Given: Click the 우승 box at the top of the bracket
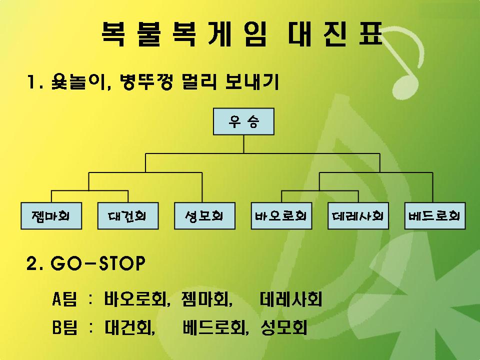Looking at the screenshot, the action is (x=243, y=121).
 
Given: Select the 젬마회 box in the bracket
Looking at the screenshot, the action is (x=51, y=216).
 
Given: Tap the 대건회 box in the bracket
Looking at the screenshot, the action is (x=128, y=216).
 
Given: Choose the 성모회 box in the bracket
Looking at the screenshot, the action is (x=205, y=216).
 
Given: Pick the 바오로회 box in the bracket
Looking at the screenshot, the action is (x=281, y=216).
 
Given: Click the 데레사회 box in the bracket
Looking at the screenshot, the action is (x=358, y=216).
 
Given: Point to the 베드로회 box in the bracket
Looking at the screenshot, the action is (x=435, y=216).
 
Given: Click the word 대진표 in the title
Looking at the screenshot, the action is (x=335, y=34).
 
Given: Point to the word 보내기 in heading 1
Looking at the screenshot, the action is (x=251, y=81).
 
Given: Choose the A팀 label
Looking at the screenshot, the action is (x=64, y=299).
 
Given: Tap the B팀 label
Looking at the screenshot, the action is (x=64, y=327).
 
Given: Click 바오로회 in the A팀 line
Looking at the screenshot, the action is (x=135, y=299).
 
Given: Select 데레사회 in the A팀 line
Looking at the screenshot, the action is (x=291, y=299).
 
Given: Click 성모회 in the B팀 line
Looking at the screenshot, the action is (x=283, y=327).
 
